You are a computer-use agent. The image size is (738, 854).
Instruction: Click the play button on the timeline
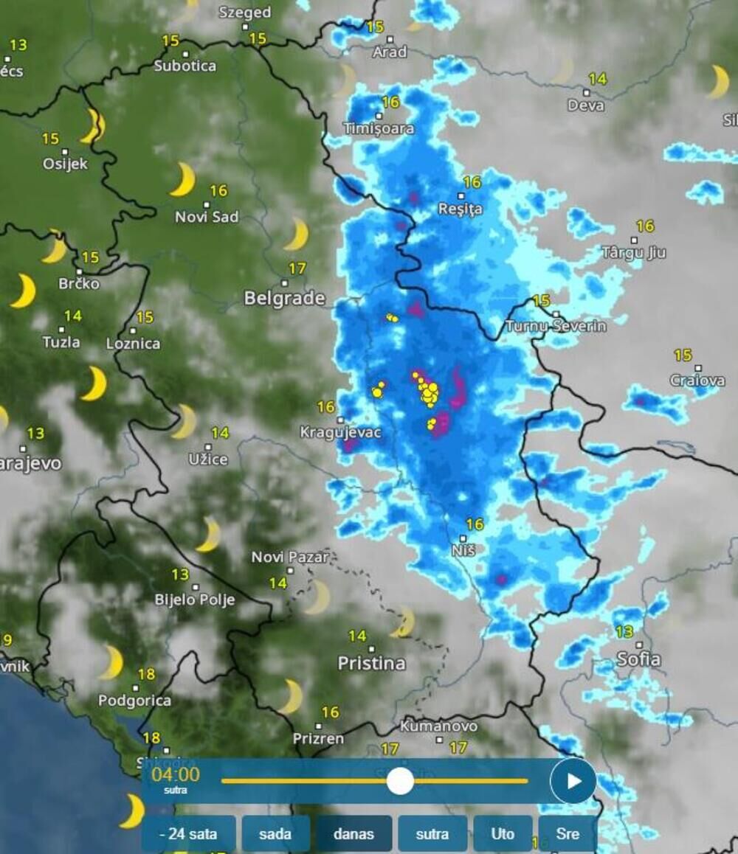(x=573, y=780)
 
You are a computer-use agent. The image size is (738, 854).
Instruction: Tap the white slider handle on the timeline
(x=400, y=780)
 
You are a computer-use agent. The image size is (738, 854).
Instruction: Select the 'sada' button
(x=275, y=834)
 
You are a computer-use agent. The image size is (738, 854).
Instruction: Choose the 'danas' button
(x=354, y=834)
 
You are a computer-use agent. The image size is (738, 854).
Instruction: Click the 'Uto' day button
(x=503, y=834)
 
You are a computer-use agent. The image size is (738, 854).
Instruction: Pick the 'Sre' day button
(x=567, y=834)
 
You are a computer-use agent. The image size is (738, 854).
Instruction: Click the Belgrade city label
(x=284, y=299)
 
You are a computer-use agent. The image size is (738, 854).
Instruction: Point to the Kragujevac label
(x=341, y=432)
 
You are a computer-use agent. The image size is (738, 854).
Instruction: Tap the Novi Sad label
(x=207, y=218)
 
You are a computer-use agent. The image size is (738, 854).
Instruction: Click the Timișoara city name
(x=379, y=129)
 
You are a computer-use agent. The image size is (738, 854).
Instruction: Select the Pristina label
(x=371, y=663)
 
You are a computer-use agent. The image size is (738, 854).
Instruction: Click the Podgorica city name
(x=134, y=701)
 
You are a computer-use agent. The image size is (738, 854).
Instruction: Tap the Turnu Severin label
(x=556, y=326)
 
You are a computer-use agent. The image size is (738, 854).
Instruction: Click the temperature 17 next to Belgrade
(x=297, y=268)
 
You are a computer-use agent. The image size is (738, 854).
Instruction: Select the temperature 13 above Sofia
(x=624, y=632)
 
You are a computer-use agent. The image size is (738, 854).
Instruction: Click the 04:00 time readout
(x=175, y=774)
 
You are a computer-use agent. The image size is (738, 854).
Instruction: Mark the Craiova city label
(x=697, y=381)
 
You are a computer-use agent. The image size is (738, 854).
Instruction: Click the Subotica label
(x=185, y=66)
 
